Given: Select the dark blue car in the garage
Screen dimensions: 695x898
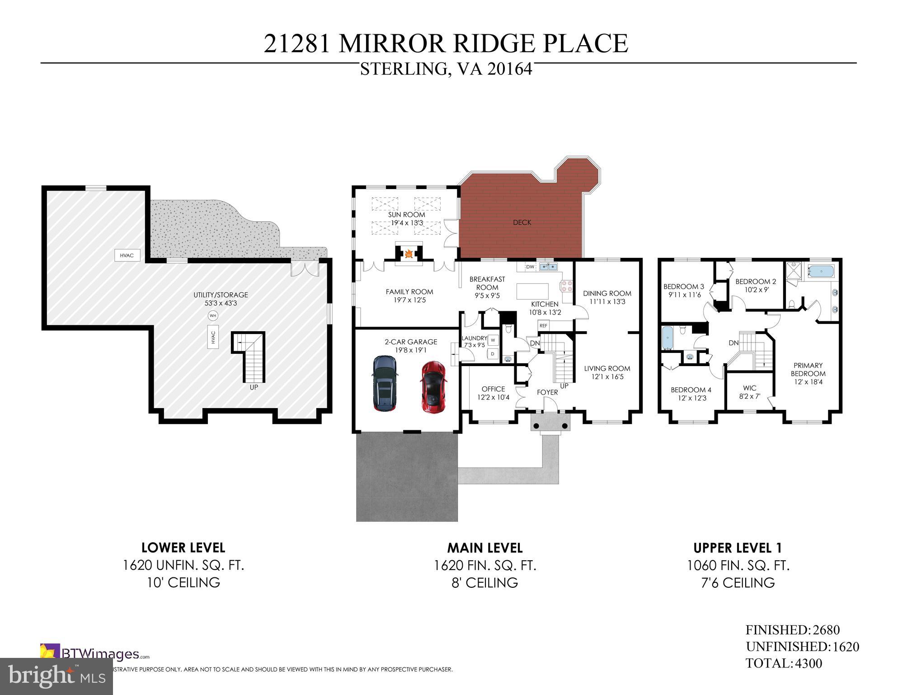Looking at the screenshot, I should [x=385, y=383].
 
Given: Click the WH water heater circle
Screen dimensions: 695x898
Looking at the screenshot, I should [x=212, y=315].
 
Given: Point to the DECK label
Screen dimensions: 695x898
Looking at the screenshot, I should [x=522, y=223].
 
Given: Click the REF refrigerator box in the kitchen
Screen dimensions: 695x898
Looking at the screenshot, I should [x=543, y=325].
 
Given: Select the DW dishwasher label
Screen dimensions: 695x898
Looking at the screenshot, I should [x=531, y=267].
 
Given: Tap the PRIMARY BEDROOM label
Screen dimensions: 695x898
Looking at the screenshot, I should [x=808, y=369].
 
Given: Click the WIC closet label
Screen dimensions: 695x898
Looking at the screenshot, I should [x=749, y=388].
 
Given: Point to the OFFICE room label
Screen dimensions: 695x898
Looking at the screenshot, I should [x=493, y=389].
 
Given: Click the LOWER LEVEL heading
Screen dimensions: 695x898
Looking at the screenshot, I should [x=183, y=547].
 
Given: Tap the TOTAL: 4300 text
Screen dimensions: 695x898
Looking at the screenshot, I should [x=784, y=663].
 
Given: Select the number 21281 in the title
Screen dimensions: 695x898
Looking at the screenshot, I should [x=297, y=44].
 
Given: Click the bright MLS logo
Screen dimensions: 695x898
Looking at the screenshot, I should [x=56, y=676].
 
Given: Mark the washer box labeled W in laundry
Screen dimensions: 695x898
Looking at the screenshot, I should [x=493, y=340].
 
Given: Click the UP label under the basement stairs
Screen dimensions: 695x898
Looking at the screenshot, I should [x=254, y=387].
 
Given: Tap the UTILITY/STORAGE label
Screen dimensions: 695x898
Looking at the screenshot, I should [x=221, y=295].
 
